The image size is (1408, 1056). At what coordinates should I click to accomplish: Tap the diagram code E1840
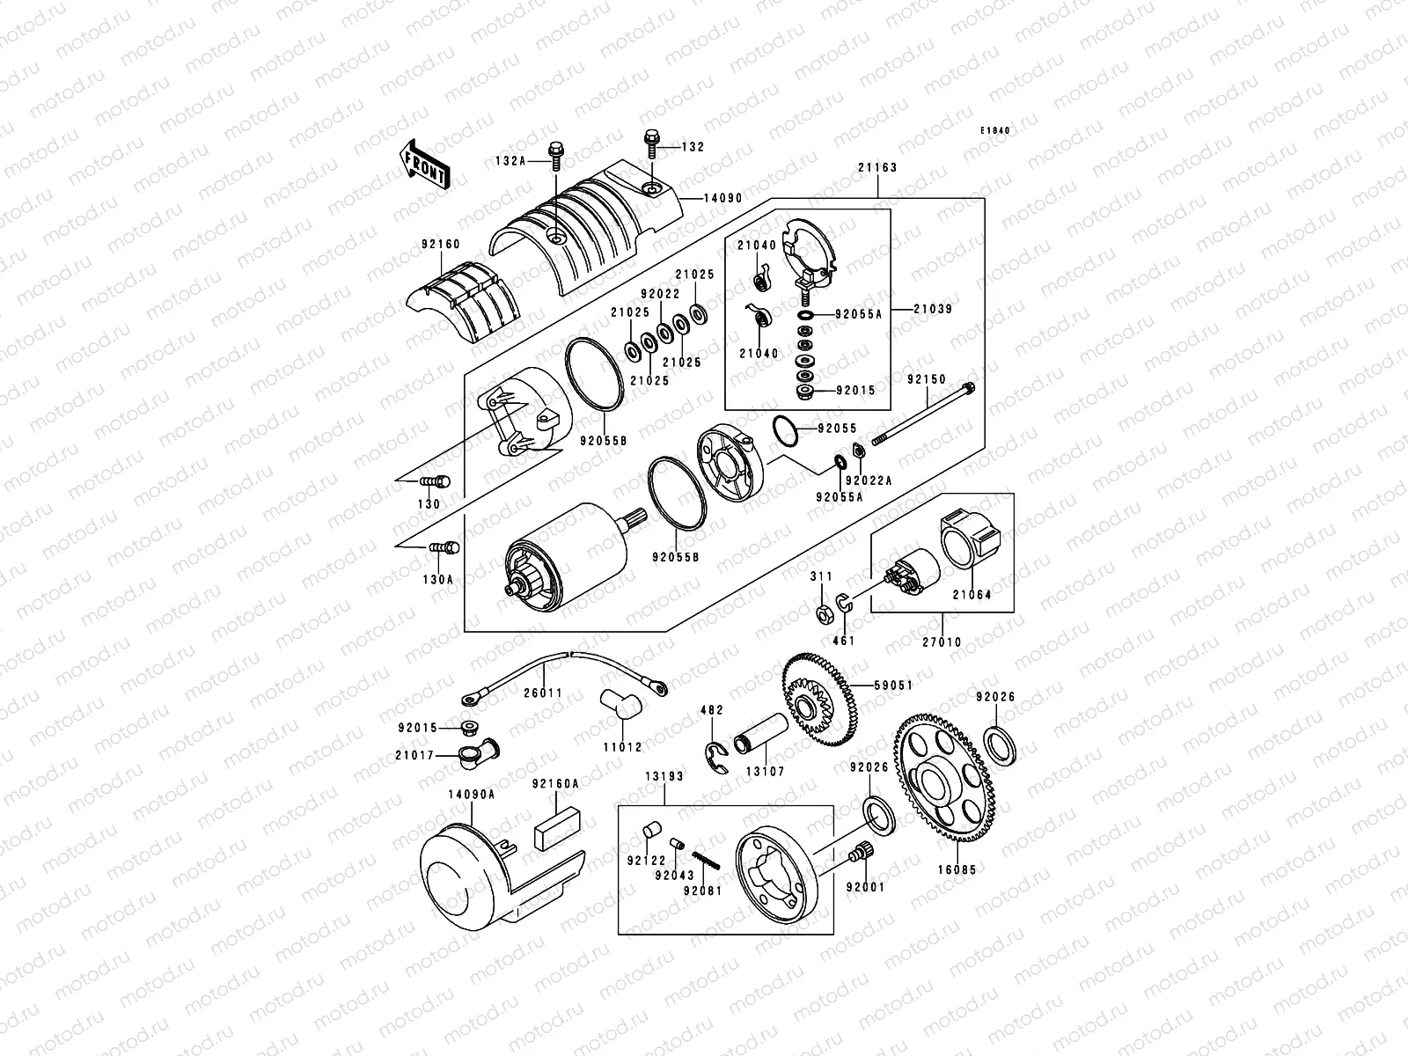[x=996, y=130]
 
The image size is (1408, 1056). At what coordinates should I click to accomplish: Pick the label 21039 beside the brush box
[x=932, y=310]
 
